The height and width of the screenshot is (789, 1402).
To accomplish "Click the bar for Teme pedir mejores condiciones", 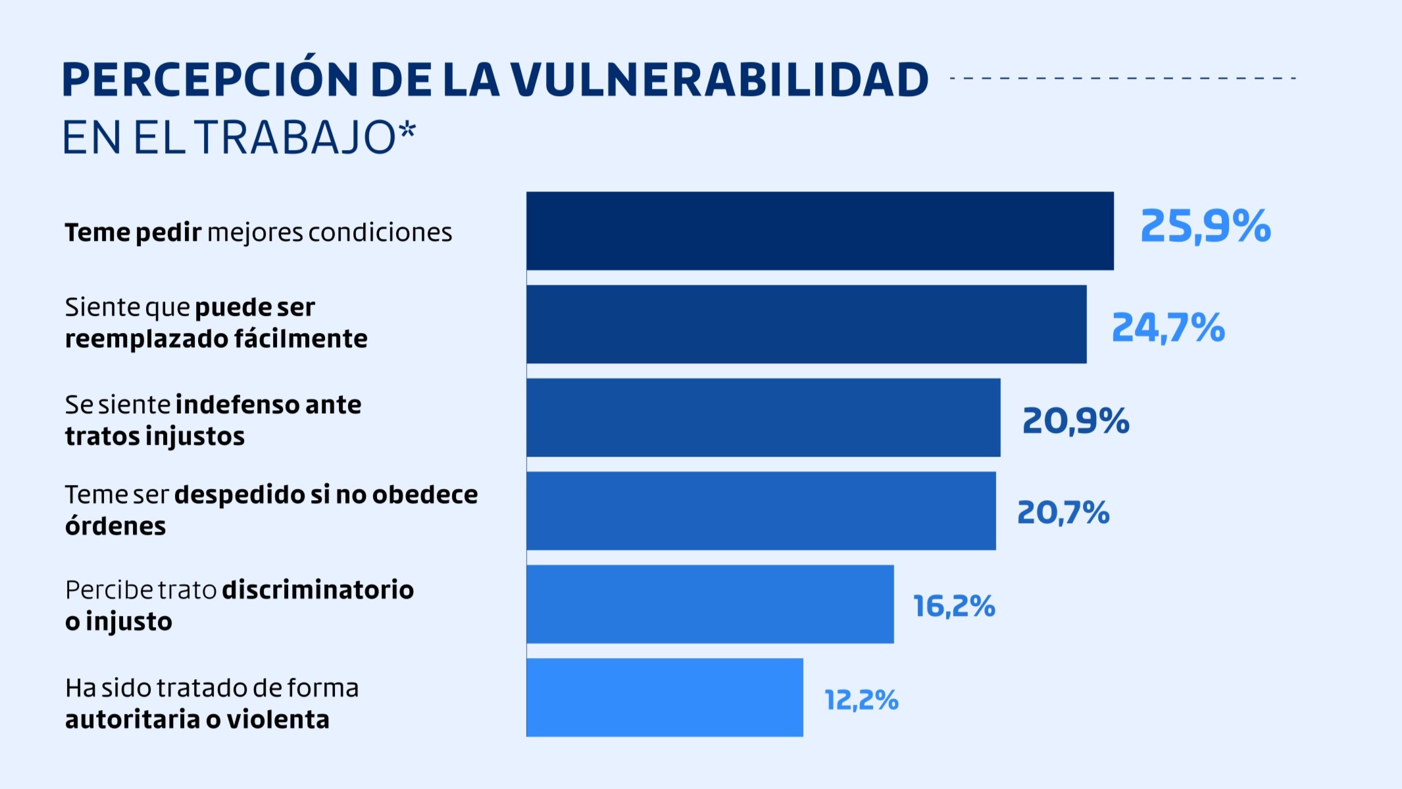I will (820, 231).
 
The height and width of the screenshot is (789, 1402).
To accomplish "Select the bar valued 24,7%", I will (806, 324).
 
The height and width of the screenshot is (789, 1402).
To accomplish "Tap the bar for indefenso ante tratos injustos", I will (763, 418).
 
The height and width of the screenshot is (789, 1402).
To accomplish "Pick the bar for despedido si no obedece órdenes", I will (761, 511).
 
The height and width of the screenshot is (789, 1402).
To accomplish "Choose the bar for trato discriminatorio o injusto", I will (710, 604).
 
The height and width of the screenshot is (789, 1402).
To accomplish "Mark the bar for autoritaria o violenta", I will (664, 698).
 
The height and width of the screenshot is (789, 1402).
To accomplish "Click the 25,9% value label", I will (1205, 226).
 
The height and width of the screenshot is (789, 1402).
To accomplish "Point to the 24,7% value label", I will (1168, 327).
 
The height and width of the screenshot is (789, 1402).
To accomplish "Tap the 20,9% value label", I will (1076, 420).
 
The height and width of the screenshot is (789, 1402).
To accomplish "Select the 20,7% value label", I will (1063, 512).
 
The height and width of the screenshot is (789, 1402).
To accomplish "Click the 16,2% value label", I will (954, 606).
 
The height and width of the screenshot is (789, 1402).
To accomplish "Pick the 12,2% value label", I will (861, 700).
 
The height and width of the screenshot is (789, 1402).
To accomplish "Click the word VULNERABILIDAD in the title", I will (719, 80).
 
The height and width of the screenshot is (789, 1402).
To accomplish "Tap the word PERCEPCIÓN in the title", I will (210, 79).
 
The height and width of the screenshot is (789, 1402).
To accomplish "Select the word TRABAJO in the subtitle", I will (295, 138).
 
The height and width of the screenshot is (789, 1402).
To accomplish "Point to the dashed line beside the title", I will (1122, 78).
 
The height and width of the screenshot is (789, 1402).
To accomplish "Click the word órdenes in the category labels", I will (116, 526).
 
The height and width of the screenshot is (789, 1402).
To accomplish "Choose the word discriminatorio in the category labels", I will (318, 590).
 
